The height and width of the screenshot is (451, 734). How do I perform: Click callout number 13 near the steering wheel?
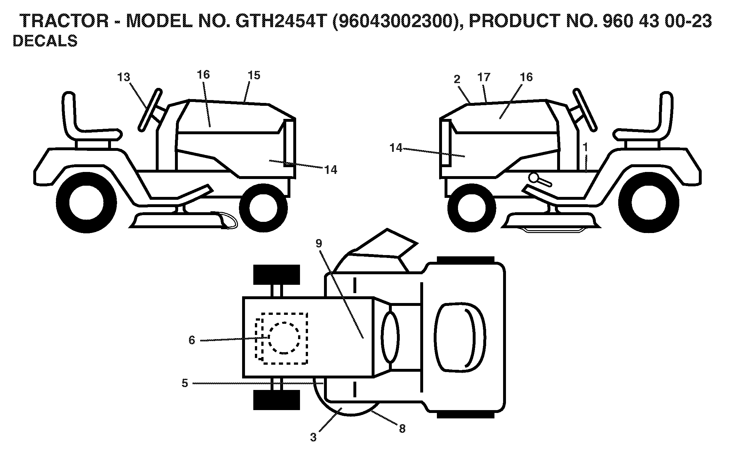coord(124,77)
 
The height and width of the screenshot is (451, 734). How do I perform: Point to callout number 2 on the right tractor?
coord(457,79)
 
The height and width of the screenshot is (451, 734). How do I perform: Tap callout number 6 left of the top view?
coord(192,340)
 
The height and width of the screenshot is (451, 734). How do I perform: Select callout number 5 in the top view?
coord(185,383)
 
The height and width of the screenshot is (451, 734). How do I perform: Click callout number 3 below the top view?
coord(313,437)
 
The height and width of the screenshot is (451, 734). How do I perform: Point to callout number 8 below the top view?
coord(402,428)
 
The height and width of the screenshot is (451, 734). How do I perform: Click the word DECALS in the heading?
coord(45,41)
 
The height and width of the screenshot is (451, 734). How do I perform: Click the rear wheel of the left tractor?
coord(86,203)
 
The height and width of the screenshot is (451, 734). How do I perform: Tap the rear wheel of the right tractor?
coord(649,203)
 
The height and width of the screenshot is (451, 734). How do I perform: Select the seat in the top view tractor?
coord(460,337)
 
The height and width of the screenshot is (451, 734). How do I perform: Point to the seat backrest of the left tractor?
coord(70,112)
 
